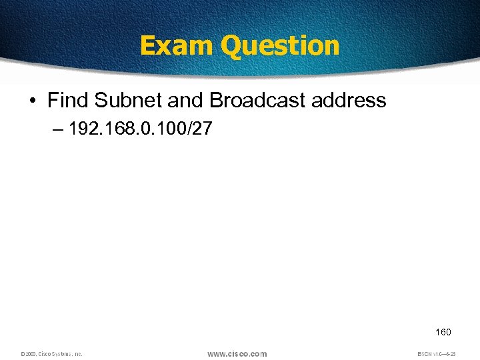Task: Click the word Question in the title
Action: (280, 45)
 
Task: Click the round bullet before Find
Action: (33, 101)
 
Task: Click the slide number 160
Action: (443, 332)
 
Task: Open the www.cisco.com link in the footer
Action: (237, 353)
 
